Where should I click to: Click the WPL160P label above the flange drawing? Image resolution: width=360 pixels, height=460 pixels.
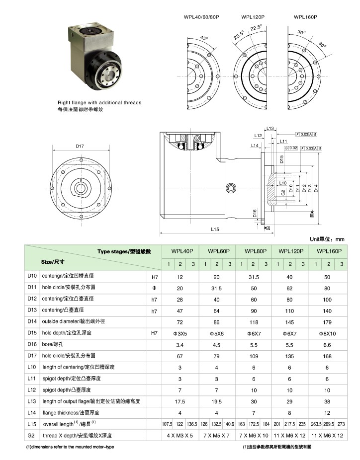click(x=305, y=17)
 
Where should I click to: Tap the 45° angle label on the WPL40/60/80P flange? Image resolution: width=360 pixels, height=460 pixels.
click(x=203, y=38)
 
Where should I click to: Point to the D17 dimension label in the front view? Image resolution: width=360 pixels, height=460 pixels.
click(x=80, y=146)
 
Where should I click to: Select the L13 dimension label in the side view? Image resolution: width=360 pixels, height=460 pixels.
click(x=270, y=129)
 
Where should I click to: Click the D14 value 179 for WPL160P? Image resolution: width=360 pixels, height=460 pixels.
click(x=327, y=322)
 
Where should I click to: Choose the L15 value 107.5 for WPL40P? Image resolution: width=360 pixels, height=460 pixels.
click(x=167, y=425)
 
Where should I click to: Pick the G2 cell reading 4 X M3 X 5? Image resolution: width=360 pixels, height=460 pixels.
click(x=180, y=436)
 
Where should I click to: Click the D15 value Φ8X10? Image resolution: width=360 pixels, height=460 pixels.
click(x=327, y=333)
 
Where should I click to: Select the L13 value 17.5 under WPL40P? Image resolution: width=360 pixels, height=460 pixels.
click(x=180, y=401)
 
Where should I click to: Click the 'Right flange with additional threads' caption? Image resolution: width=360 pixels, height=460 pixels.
click(x=99, y=103)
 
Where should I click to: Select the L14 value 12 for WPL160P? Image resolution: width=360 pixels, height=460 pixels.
click(x=327, y=413)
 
